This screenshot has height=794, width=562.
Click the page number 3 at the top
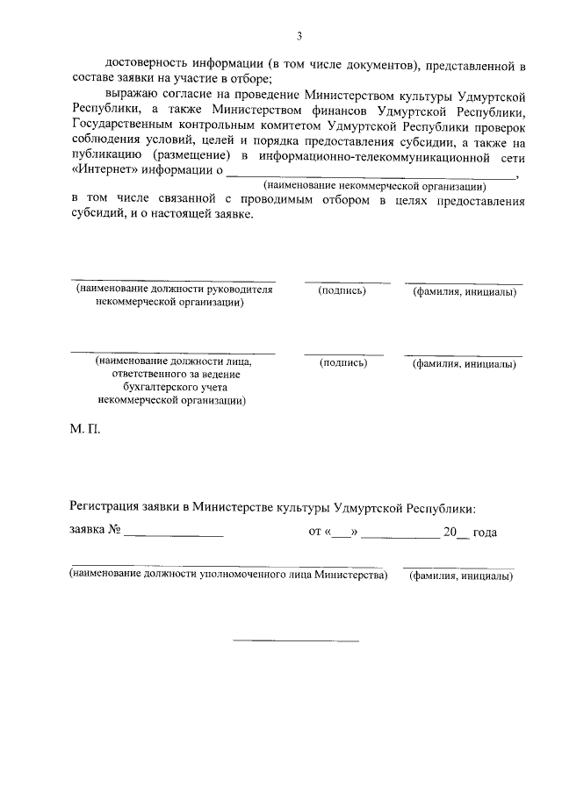(x=299, y=36)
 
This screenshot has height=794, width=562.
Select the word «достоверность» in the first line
(x=146, y=66)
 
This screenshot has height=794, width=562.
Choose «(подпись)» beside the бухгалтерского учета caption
(x=343, y=362)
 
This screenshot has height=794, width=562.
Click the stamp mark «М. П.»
(x=86, y=432)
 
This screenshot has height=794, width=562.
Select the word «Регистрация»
(x=108, y=507)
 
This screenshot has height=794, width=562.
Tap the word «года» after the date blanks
(x=485, y=533)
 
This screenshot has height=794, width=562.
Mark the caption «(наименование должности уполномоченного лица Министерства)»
(x=228, y=576)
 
